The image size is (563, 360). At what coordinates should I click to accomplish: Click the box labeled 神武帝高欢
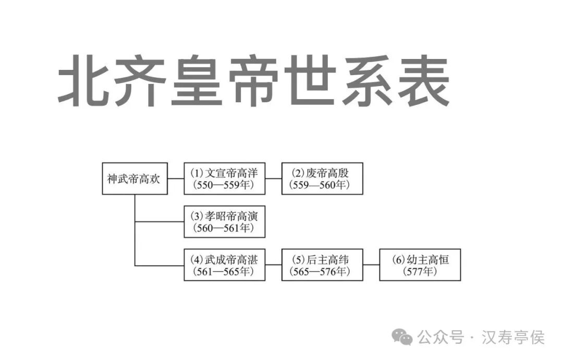(x=134, y=178)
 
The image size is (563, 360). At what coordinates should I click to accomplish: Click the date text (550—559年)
(x=224, y=185)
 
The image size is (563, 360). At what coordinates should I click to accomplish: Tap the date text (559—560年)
(x=322, y=185)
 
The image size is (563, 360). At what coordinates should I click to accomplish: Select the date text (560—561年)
(x=224, y=229)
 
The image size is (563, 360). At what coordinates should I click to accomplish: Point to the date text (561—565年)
(x=224, y=272)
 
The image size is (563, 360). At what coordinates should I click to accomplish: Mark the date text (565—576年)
(x=322, y=272)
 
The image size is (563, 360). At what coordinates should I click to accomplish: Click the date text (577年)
(x=420, y=272)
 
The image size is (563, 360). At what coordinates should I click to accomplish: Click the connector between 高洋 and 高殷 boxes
(x=273, y=179)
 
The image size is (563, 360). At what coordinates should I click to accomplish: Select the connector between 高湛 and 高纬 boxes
(x=273, y=265)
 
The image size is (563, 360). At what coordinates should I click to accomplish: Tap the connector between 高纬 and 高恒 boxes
(x=371, y=265)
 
